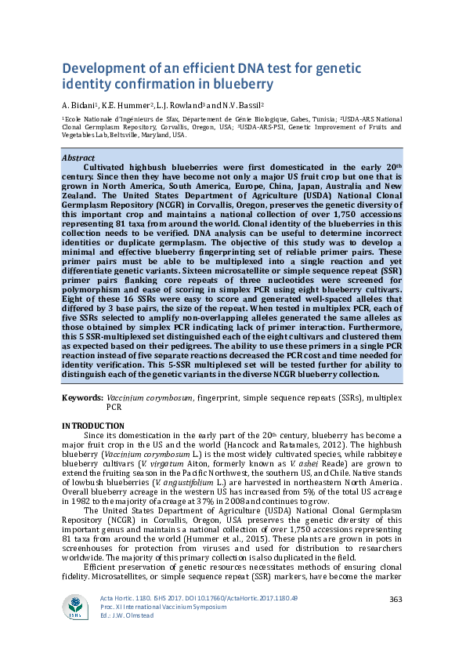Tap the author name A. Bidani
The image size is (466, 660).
[79, 104]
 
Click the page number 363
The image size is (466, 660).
[396, 600]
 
